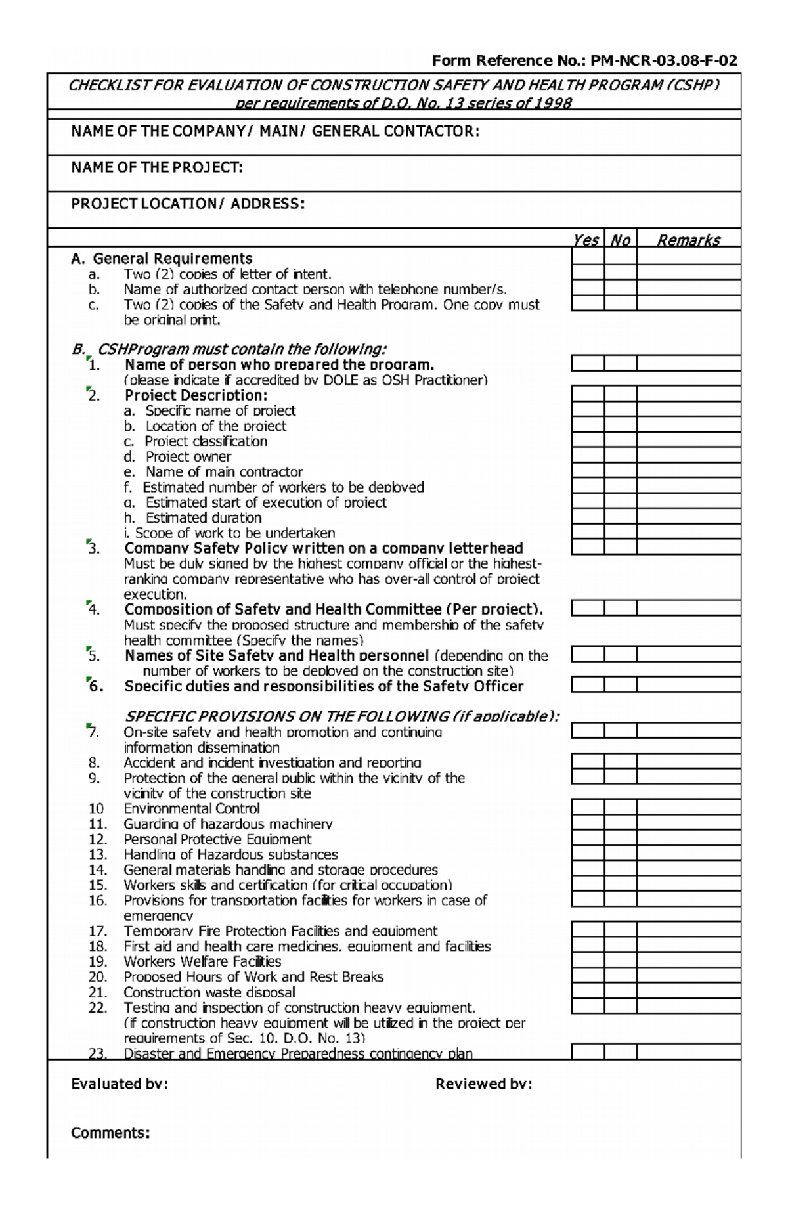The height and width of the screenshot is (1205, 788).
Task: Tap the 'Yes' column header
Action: tap(586, 240)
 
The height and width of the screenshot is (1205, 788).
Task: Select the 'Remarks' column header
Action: tap(688, 240)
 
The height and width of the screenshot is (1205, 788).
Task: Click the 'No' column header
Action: tap(621, 240)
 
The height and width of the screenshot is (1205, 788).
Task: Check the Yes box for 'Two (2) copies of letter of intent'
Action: tap(588, 272)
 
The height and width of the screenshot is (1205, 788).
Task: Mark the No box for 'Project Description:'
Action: tap(621, 394)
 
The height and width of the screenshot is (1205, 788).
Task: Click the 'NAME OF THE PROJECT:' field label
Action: tap(157, 167)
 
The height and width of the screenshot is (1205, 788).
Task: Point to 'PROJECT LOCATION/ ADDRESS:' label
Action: tap(188, 204)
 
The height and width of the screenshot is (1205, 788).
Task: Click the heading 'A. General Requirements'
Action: tap(162, 258)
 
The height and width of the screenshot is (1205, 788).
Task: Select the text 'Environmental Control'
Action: tap(191, 808)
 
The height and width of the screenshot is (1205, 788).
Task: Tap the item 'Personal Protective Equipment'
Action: tap(217, 839)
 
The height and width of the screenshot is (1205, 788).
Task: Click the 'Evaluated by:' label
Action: tap(120, 1084)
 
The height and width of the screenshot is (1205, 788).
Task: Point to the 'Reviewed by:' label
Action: tap(483, 1084)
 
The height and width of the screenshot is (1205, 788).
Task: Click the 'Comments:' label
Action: tap(110, 1133)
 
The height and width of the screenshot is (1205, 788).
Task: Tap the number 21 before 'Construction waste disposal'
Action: tap(97, 992)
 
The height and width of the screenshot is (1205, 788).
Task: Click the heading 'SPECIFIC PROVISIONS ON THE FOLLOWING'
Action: tap(341, 716)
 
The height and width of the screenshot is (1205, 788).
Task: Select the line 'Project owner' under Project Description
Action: tap(188, 456)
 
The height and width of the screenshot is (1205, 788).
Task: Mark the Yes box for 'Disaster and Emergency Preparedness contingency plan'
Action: tap(588, 1051)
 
